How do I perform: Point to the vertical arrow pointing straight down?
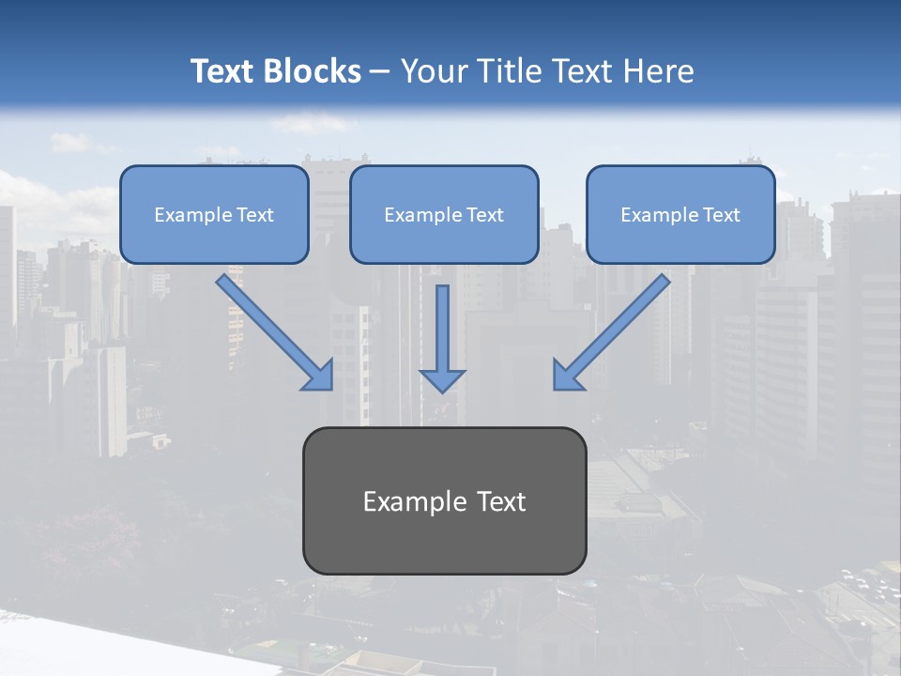442,329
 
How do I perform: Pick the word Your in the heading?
432,71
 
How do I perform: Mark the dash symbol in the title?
380,71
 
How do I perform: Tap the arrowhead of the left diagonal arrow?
320,376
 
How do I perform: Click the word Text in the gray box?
501,502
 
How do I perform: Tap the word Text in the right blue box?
721,215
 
